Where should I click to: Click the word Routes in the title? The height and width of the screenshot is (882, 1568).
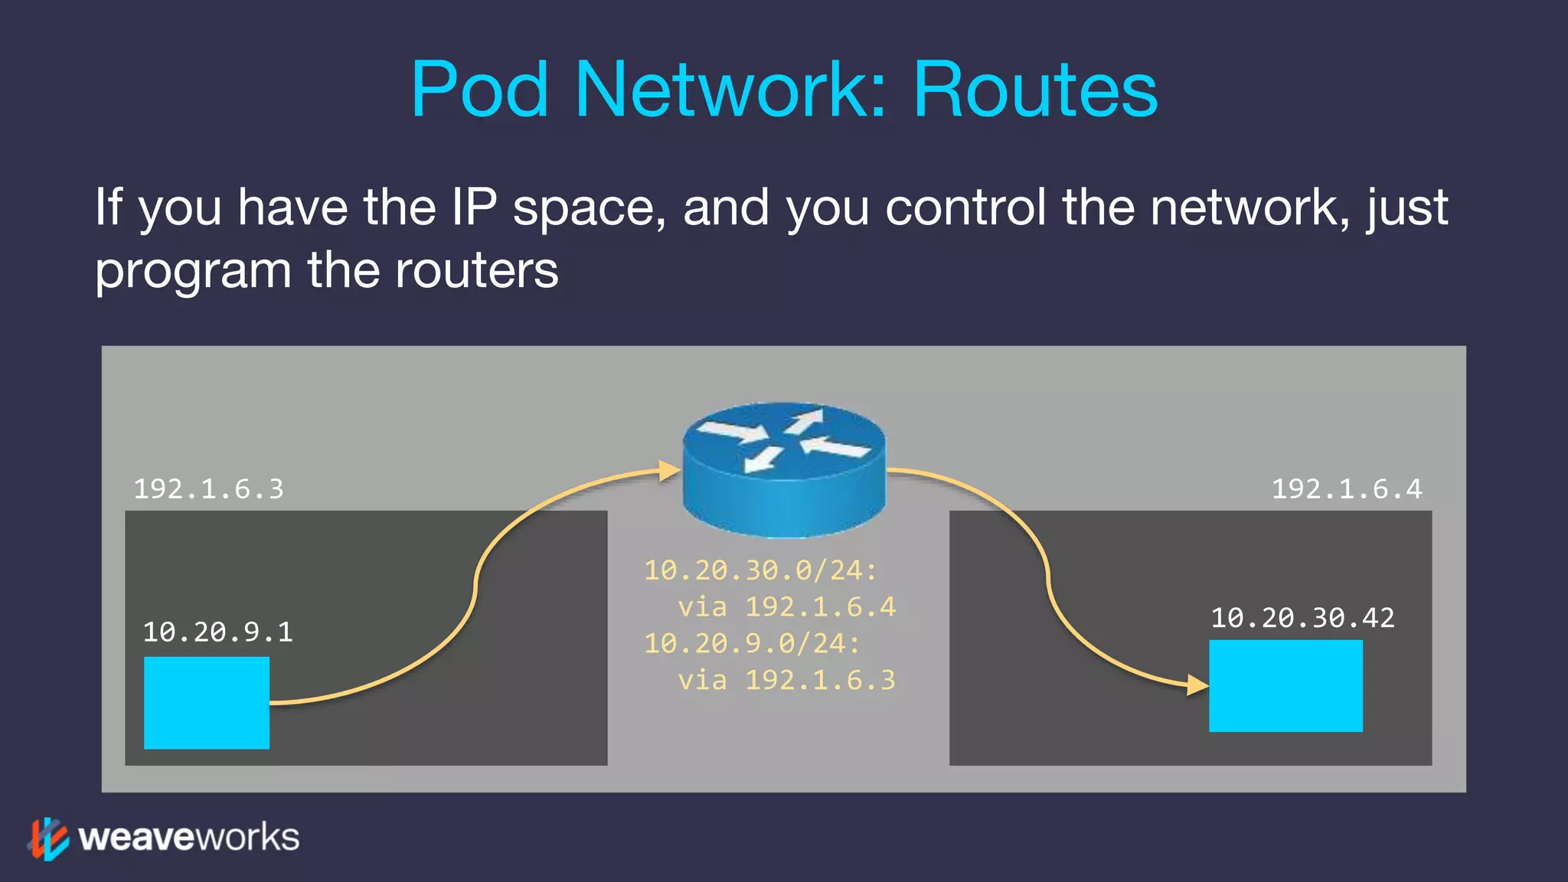click(x=1035, y=90)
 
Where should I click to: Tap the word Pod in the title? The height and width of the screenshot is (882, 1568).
click(x=480, y=90)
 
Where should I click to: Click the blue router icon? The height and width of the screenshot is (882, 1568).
click(x=784, y=469)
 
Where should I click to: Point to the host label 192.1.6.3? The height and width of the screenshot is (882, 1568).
click(x=208, y=489)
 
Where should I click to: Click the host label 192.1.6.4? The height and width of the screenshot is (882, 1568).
click(x=1347, y=489)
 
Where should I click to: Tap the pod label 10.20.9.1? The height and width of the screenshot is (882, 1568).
click(x=217, y=632)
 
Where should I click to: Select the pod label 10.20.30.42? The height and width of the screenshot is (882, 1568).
click(x=1302, y=618)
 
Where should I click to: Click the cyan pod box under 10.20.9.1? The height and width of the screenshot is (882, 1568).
click(x=207, y=702)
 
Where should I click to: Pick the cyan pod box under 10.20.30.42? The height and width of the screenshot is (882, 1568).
click(x=1285, y=685)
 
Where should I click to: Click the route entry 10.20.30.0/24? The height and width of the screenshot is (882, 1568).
click(x=760, y=570)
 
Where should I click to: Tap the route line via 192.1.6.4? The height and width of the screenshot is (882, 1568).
click(x=786, y=607)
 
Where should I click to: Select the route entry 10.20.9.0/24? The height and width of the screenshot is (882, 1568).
click(x=752, y=644)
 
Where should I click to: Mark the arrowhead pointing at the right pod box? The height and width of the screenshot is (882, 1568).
click(x=1197, y=684)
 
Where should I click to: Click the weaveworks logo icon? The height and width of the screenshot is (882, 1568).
click(x=49, y=838)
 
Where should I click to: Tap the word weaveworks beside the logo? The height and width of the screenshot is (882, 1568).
click(x=189, y=838)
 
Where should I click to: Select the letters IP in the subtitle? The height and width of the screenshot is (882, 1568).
click(x=474, y=207)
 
